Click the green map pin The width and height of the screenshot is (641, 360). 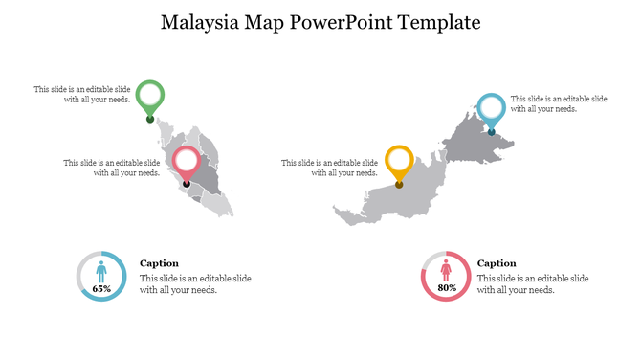[x=149, y=95]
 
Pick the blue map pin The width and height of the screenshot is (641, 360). [x=491, y=107]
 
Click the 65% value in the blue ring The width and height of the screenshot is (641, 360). [x=101, y=288]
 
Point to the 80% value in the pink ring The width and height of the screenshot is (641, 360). [x=446, y=288]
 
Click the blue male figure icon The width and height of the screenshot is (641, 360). [x=101, y=273]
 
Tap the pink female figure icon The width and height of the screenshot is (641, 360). [x=446, y=273]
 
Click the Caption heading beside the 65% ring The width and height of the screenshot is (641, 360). [x=159, y=263]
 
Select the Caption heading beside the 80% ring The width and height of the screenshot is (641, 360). [x=497, y=263]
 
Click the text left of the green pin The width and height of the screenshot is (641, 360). [x=82, y=94]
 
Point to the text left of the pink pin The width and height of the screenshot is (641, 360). [x=112, y=168]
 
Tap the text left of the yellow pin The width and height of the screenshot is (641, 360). [x=329, y=168]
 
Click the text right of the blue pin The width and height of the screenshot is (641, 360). [x=558, y=103]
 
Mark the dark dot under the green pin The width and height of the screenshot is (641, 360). [x=149, y=120]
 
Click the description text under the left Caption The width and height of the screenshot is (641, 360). [x=195, y=283]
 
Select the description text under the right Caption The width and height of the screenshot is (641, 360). [x=533, y=283]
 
